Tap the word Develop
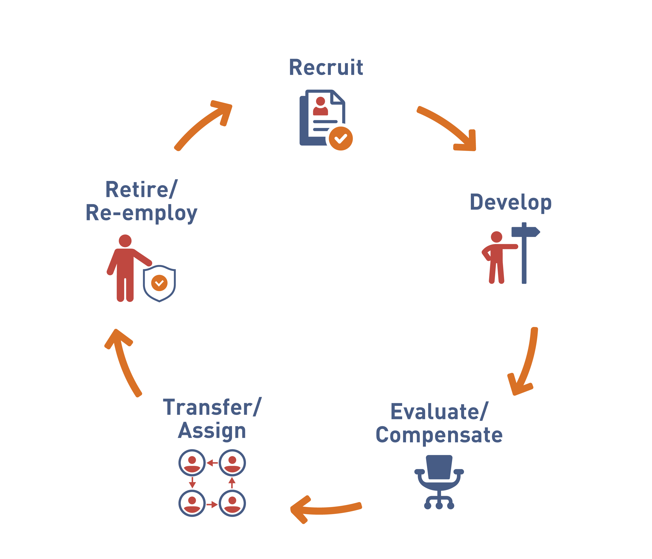click(510, 202)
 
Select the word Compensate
click(439, 435)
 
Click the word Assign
click(212, 431)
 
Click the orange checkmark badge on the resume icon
click(341, 138)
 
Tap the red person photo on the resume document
click(320, 106)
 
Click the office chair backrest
click(439, 467)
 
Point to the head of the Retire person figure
click(125, 241)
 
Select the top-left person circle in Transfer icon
click(192, 463)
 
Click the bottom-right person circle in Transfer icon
click(232, 503)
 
